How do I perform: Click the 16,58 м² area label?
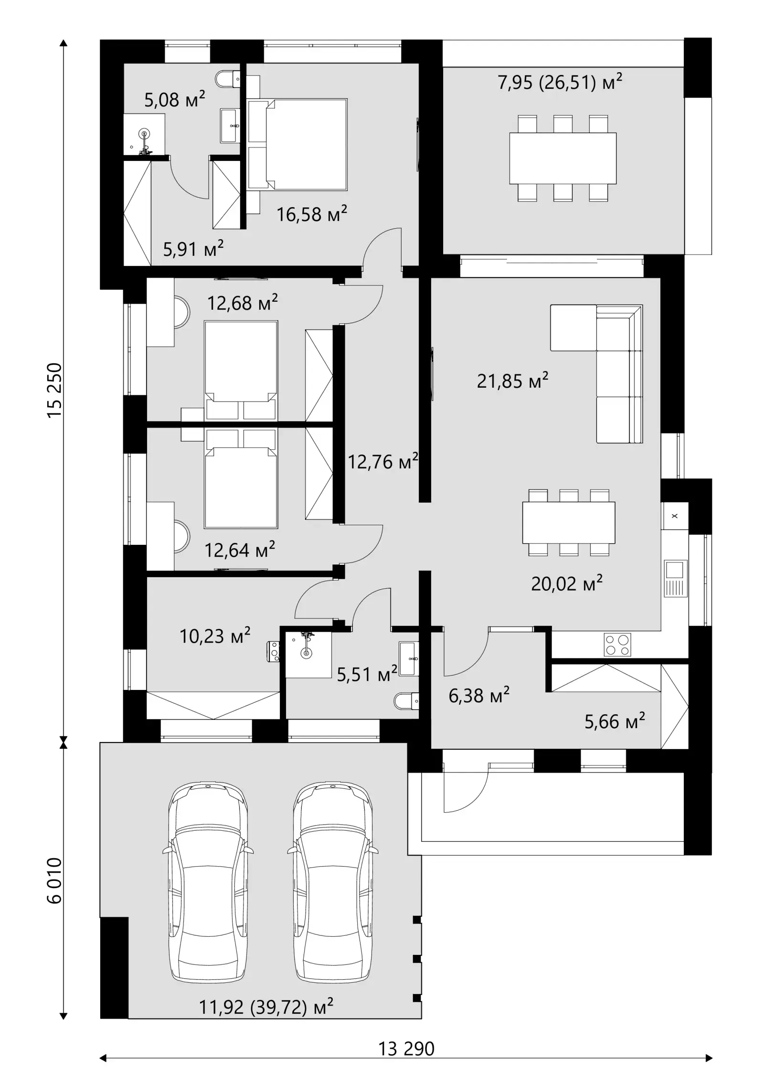click(311, 214)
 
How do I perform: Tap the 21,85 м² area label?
click(512, 381)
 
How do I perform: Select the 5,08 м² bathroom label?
click(175, 99)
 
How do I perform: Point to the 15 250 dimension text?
click(55, 390)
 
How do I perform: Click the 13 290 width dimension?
click(406, 1049)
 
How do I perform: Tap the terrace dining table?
click(562, 158)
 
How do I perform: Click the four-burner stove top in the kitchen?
click(617, 645)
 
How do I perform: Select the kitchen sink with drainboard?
click(675, 578)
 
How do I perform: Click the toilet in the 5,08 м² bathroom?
click(228, 79)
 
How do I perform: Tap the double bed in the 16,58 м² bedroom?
click(297, 145)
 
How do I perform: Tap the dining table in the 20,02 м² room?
click(569, 522)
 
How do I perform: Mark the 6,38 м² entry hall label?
click(479, 695)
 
